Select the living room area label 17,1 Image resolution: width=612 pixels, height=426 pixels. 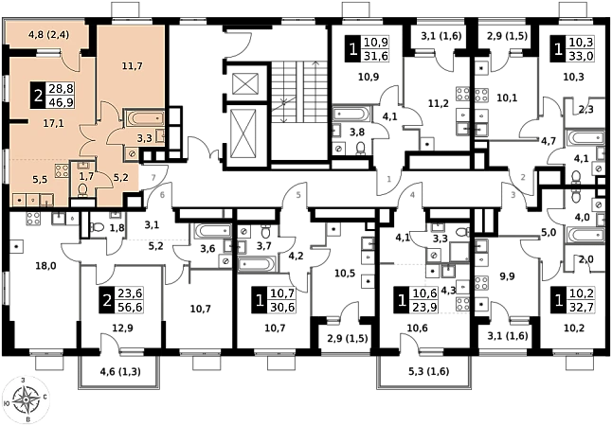52,123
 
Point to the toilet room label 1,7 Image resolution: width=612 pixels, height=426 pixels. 86,176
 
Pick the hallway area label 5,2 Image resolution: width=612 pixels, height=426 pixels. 120,176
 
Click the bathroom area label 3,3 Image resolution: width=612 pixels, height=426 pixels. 145,137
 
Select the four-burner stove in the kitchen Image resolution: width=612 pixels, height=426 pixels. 61,173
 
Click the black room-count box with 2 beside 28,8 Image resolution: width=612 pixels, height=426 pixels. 37,94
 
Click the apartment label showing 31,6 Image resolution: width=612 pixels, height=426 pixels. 376,56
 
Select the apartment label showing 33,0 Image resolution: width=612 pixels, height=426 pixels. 580,56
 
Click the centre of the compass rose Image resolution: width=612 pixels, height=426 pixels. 27,399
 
